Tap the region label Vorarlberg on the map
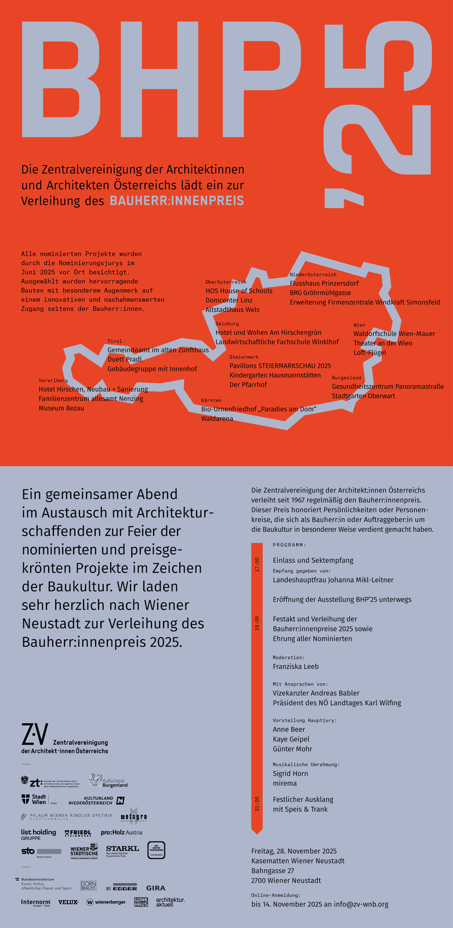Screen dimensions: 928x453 (53, 380)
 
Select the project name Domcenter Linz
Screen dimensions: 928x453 (229, 300)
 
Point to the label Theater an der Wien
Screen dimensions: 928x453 (383, 343)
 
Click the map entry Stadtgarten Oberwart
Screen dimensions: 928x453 (363, 396)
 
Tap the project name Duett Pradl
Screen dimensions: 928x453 (125, 360)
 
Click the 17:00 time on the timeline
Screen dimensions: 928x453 (257, 565)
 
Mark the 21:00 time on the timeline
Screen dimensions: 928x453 (257, 804)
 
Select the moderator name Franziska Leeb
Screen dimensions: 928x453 (295, 667)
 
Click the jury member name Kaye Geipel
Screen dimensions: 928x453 (291, 739)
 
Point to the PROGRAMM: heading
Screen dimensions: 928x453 (289, 545)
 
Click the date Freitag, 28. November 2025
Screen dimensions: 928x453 (293, 851)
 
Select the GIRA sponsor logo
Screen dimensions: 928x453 (155, 888)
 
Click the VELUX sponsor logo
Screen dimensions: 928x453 (68, 902)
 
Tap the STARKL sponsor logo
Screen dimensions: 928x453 (122, 849)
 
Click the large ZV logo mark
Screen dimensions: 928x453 (35, 734)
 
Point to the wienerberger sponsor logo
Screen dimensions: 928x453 (106, 902)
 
